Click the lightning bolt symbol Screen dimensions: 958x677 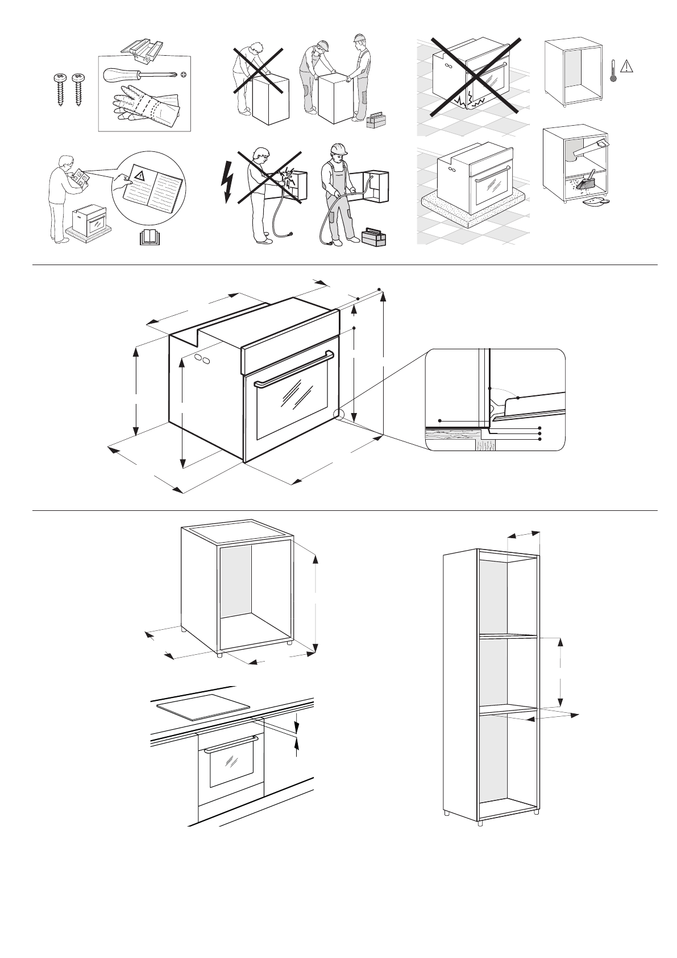tap(229, 182)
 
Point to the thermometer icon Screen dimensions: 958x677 tap(613, 71)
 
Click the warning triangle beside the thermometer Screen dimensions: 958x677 tap(626, 66)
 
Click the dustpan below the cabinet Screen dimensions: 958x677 tap(597, 200)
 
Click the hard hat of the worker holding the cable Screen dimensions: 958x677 tap(339, 148)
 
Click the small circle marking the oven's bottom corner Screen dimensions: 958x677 tap(339, 415)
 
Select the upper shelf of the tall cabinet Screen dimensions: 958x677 tap(508, 636)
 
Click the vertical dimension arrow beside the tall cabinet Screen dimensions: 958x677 tap(560, 671)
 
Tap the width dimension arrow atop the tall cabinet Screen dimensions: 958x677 tap(524, 534)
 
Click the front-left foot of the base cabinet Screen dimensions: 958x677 tap(219, 654)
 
